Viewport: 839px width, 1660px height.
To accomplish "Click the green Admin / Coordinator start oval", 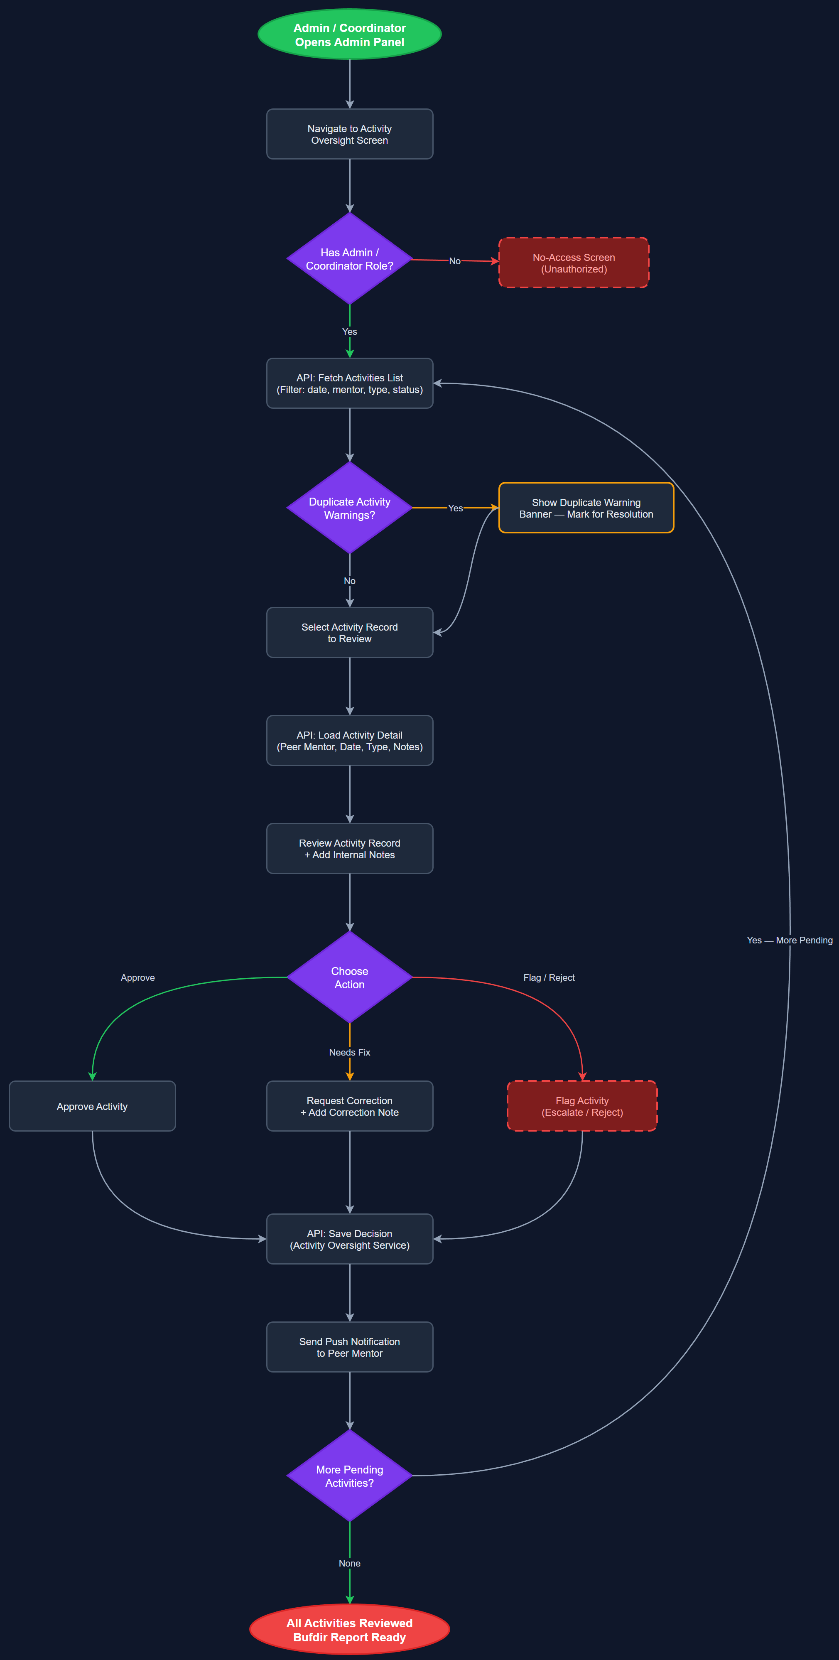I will [349, 34].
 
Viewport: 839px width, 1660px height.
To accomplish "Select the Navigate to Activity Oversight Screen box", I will [349, 134].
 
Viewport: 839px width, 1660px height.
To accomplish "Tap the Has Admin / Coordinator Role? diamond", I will [349, 258].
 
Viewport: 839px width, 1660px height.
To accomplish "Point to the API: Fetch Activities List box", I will [349, 383].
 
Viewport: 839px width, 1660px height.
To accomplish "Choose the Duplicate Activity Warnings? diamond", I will [349, 508].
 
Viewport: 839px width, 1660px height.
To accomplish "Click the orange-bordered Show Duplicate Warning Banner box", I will [586, 508].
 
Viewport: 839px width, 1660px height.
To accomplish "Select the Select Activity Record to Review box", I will [349, 632].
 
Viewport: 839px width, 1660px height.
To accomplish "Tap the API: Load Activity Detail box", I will [349, 740].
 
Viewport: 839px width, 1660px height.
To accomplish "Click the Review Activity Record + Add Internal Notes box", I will [349, 849].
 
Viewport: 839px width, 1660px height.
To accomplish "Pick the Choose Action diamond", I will [349, 977].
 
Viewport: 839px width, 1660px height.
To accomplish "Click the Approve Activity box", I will [92, 1106].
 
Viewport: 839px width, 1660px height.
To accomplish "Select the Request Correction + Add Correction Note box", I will [349, 1106].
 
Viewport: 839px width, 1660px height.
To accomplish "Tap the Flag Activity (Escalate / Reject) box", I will [582, 1106].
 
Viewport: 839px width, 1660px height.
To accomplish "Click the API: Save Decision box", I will [349, 1238].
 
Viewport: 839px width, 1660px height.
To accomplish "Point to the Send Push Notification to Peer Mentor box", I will [349, 1347].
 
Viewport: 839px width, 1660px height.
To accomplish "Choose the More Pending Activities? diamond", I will [349, 1476].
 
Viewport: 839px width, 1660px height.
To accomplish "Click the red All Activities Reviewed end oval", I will [349, 1629].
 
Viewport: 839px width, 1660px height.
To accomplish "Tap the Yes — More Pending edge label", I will [790, 940].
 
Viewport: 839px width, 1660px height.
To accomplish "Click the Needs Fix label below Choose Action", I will [349, 1052].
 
